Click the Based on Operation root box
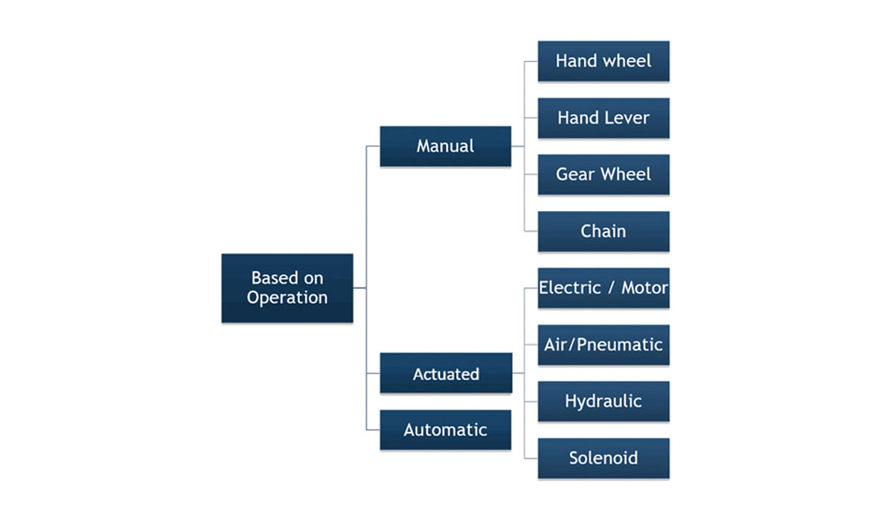coord(287,288)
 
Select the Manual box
coord(445,146)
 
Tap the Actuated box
coord(446,372)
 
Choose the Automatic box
coord(445,430)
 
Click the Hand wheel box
coord(604,61)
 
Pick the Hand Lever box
coord(604,118)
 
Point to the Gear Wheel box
coord(604,174)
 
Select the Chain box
coord(604,232)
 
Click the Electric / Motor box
coord(604,288)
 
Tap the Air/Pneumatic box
coord(604,345)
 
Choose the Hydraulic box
coord(604,402)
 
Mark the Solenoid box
coord(604,458)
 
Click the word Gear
coord(574,174)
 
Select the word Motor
coord(644,288)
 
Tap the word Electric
coord(570,288)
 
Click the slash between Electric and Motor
coord(611,288)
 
